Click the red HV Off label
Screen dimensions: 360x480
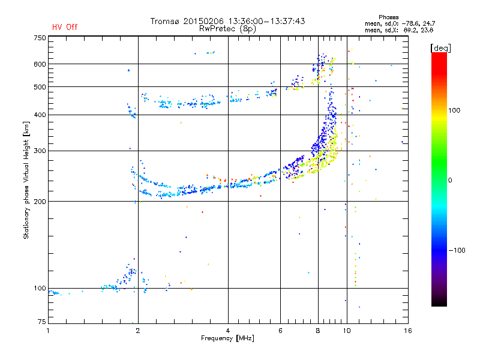point(65,27)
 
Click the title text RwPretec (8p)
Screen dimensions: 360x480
point(227,28)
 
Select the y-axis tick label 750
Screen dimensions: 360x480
point(39,38)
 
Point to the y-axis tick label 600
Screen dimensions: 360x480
point(39,64)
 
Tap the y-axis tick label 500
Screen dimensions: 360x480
point(39,87)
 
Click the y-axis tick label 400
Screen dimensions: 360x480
point(39,115)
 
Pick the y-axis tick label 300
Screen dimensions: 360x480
point(39,151)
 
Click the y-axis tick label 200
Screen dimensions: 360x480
point(39,202)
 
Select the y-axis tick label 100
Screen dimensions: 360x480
point(39,289)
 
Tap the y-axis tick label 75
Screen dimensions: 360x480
point(41,322)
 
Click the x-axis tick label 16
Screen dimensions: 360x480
point(407,330)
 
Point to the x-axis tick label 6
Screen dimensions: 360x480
point(280,330)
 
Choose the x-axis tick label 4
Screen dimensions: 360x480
point(228,330)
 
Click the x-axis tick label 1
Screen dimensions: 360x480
point(49,330)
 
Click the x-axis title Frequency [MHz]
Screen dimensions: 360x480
point(227,338)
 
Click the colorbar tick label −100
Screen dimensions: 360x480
point(459,250)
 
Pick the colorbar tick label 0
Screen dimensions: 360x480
point(451,180)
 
